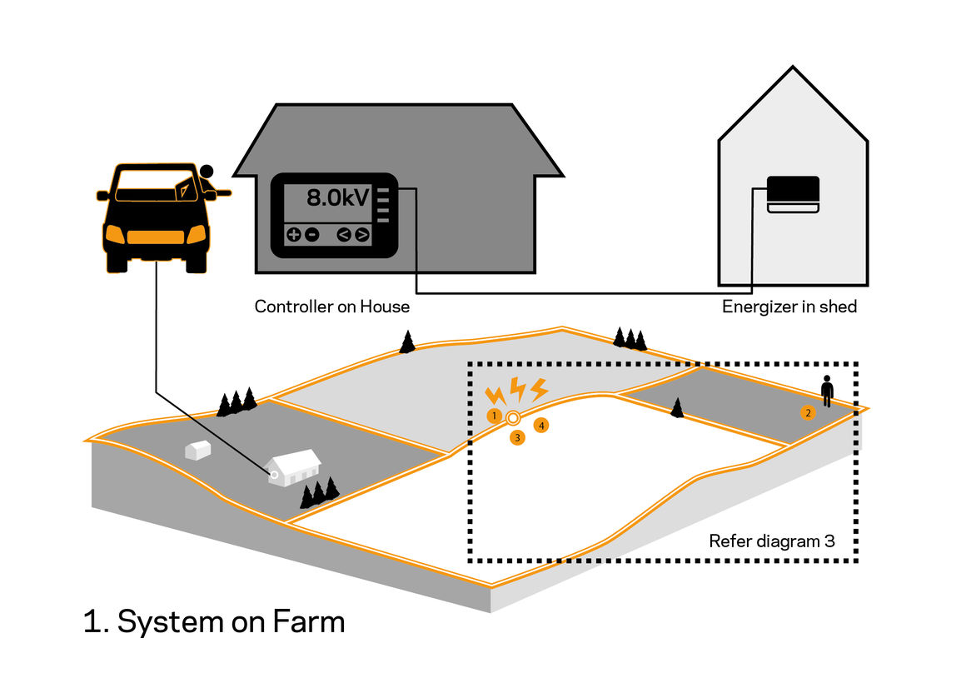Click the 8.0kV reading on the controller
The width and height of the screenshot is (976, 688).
338,198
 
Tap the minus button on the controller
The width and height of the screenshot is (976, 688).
311,235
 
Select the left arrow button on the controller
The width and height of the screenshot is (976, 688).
344,235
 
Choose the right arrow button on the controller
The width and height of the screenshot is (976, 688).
361,235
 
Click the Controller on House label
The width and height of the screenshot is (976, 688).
331,307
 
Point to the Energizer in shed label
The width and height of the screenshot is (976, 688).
789,307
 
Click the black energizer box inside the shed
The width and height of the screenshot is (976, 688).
793,191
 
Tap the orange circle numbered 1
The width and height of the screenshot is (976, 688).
495,415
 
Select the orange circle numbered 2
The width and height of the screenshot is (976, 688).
807,411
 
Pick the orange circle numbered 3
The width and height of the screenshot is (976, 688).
517,436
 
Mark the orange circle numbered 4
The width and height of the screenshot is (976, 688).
541,426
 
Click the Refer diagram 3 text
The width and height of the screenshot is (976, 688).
771,541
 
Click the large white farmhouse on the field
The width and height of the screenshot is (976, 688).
293,468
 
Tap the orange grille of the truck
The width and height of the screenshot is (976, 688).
155,236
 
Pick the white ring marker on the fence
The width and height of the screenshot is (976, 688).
513,417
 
